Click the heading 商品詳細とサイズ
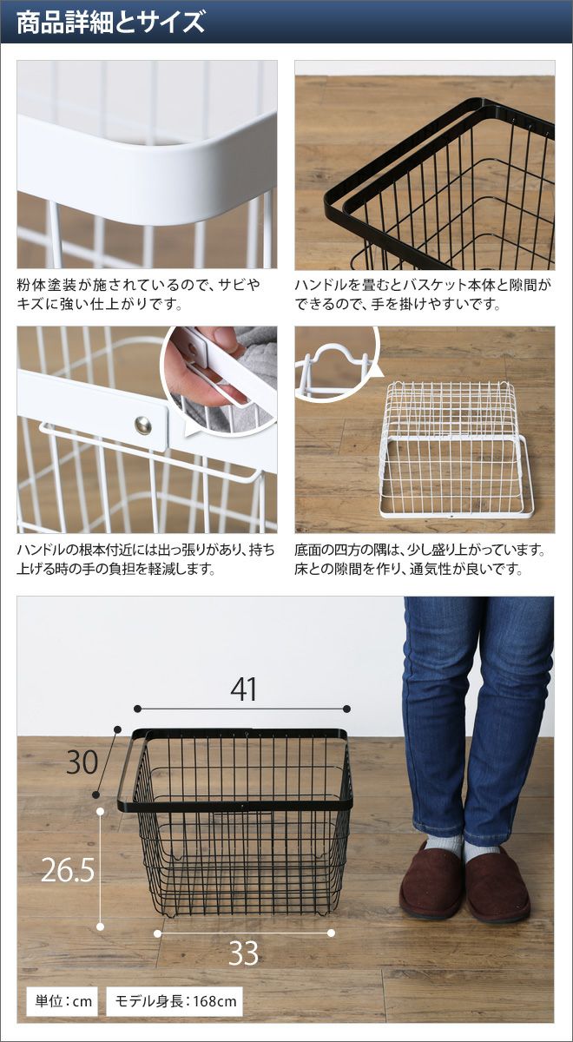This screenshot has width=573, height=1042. tap(110, 23)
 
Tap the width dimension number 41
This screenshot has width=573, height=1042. tap(243, 689)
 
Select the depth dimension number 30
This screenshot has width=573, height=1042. tap(82, 762)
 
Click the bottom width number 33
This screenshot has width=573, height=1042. tap(243, 953)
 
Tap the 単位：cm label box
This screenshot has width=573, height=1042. tap(62, 1001)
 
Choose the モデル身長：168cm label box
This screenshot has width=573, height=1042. tap(175, 1001)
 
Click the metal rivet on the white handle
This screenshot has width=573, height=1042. tap(142, 425)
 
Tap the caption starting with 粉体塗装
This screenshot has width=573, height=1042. tap(139, 294)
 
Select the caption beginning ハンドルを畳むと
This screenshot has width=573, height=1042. tap(422, 294)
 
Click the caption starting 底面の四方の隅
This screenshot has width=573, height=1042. tap(420, 559)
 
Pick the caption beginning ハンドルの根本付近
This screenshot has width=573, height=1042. tap(146, 559)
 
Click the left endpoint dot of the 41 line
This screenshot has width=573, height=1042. tap(137, 709)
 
